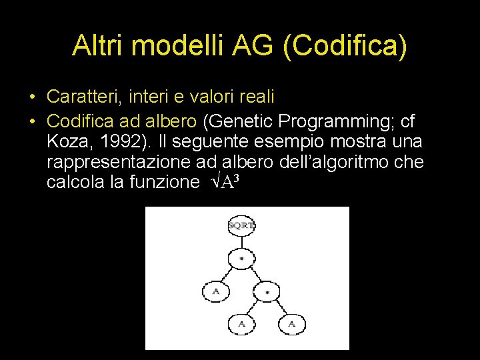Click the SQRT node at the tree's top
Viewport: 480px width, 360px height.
[241, 225]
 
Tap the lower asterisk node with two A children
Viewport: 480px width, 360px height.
[267, 292]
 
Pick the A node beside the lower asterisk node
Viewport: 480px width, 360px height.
[215, 292]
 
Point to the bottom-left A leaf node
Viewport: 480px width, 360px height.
[241, 325]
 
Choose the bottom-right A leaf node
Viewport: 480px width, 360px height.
[291, 325]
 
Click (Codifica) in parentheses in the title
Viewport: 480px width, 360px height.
[345, 45]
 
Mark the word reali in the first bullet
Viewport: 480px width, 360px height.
[253, 97]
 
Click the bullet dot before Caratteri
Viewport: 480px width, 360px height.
[32, 97]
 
